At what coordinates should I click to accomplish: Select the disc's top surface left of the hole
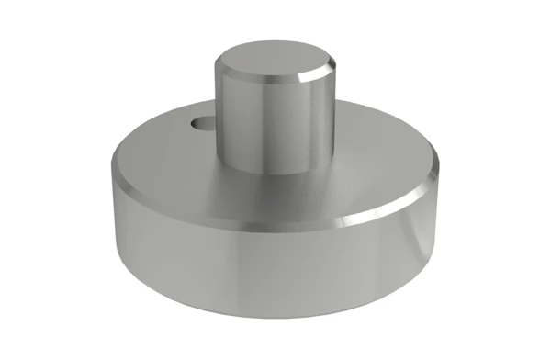pyautogui.click(x=156, y=147)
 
